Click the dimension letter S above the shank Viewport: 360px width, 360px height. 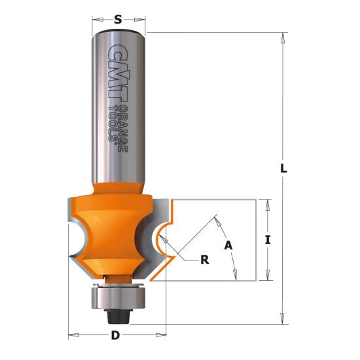click(118, 20)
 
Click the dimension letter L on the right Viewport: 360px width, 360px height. click(284, 168)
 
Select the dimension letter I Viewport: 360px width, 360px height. click(268, 240)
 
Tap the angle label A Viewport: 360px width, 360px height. click(228, 245)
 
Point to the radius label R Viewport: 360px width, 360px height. click(205, 260)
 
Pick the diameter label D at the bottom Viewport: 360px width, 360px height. click(115, 336)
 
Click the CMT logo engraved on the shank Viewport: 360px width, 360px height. click(117, 73)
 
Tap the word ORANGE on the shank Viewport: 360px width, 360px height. click(123, 128)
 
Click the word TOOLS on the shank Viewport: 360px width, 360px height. click(113, 124)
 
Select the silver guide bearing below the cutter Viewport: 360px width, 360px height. click(118, 298)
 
